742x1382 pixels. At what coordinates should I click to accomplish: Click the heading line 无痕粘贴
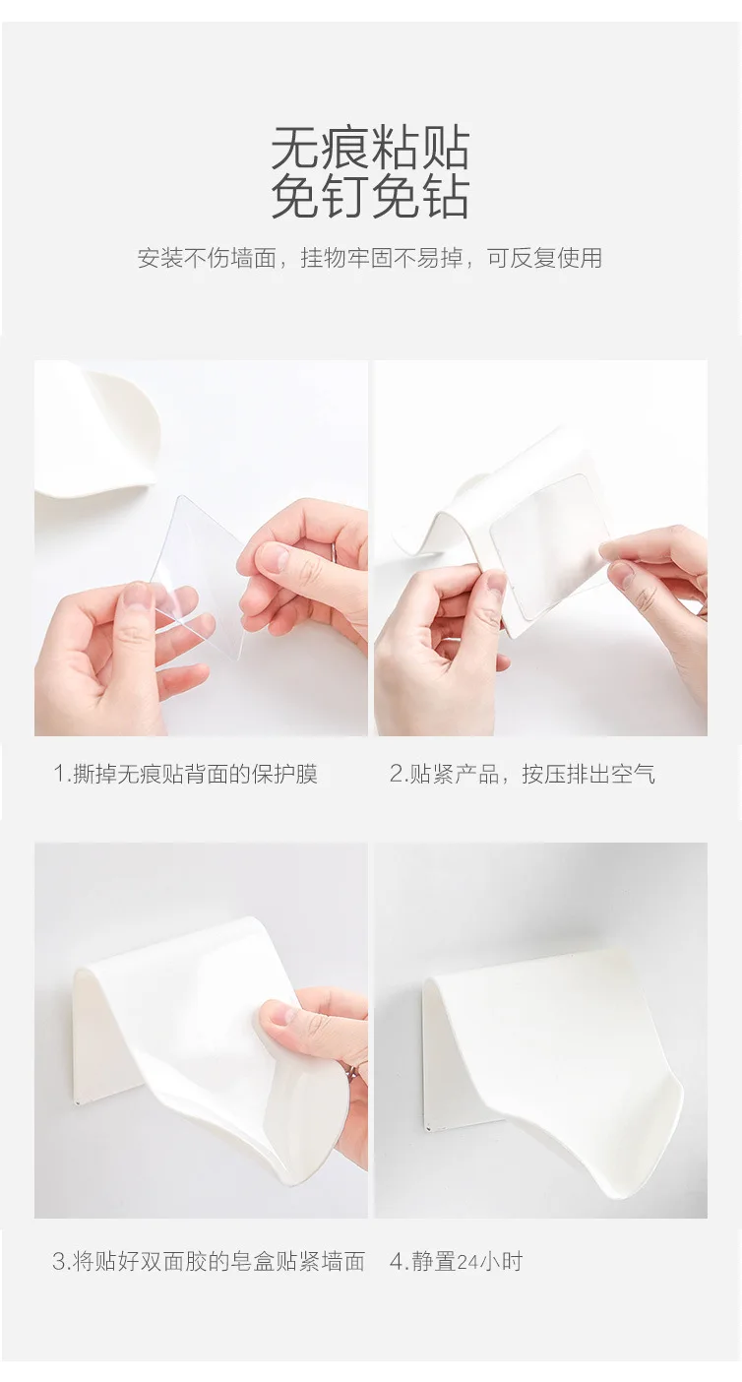point(371,148)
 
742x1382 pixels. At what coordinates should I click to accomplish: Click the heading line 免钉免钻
point(371,197)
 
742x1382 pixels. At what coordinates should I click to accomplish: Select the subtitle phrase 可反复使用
point(544,258)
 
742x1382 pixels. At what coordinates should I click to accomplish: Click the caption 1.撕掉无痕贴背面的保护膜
point(185,773)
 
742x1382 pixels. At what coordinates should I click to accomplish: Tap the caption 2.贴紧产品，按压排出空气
point(522,773)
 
